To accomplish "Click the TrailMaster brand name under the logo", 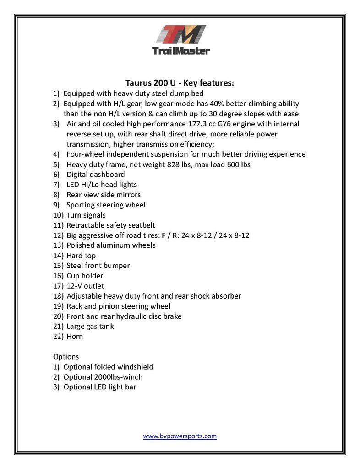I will point(180,50).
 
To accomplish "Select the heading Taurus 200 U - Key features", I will point(180,83).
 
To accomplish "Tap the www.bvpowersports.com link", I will point(180,436).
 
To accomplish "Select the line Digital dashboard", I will point(95,175).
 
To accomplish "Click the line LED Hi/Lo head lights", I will point(102,185).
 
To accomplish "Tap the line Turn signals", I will point(86,215).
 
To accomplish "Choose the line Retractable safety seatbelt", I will point(111,225).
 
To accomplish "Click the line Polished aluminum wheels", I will point(111,245).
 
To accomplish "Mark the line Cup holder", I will point(85,276).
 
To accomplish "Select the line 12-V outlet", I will point(85,286).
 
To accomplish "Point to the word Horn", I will point(75,336).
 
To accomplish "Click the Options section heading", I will point(66,356).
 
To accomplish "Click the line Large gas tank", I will point(90,326).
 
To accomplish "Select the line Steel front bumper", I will point(98,266).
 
